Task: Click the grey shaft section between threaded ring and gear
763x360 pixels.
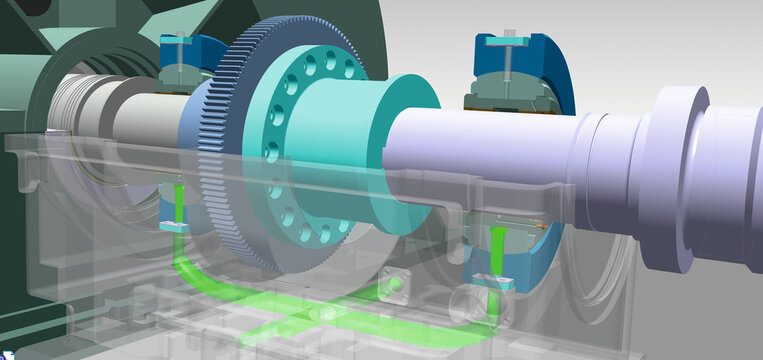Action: pos(140,115)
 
